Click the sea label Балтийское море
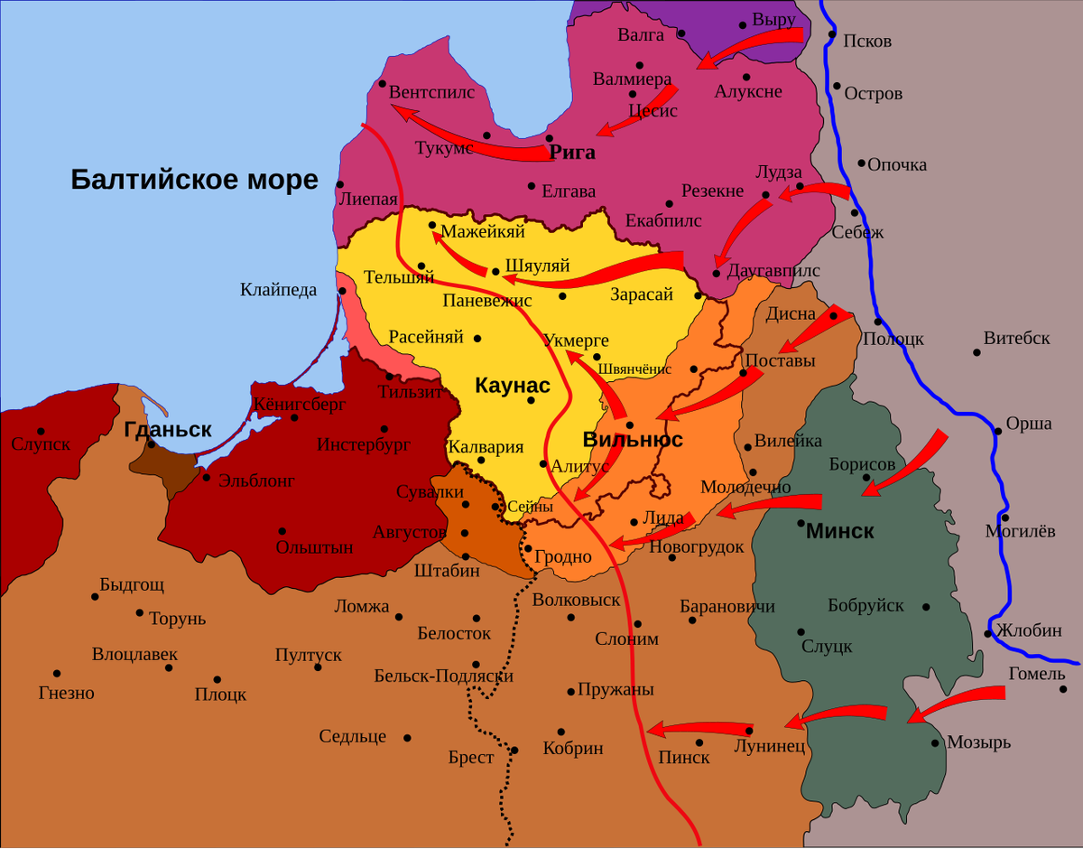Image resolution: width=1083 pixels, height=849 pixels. point(194,180)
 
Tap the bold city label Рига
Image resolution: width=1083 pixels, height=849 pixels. point(572,153)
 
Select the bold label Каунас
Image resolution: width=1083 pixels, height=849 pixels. point(512,386)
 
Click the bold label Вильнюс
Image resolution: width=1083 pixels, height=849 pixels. point(632,440)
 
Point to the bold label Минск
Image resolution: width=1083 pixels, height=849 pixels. point(839,531)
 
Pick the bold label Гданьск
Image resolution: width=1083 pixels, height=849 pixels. point(168,430)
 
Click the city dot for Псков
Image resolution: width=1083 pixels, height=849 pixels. point(831,35)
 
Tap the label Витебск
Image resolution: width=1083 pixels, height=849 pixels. point(1016,339)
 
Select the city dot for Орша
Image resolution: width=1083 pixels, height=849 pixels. point(998,432)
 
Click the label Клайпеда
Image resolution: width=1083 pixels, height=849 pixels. point(278,290)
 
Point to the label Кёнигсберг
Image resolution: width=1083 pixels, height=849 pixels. point(300,405)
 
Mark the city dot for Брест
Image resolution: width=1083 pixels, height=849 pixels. point(514,750)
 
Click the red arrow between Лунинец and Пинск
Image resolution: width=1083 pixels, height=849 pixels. point(700,728)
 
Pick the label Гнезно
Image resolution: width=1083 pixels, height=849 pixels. point(67,694)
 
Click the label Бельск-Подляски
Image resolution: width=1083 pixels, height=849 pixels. point(443,676)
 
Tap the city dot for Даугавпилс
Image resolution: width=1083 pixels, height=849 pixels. point(716,272)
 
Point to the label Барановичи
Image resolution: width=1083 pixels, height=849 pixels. point(727,606)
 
